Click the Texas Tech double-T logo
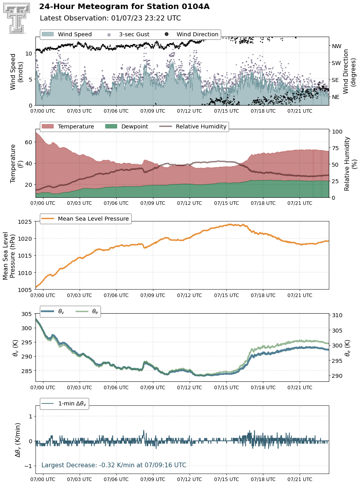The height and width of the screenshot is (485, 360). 17,18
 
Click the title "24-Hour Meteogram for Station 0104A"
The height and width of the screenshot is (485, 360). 124,7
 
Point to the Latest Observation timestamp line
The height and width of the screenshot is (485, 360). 110,18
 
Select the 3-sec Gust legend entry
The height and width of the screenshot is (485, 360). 129,34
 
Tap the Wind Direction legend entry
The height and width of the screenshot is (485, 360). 192,34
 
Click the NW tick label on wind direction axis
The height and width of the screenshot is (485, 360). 336,46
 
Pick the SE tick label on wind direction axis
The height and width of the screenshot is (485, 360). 335,80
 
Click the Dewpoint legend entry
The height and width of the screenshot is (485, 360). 127,126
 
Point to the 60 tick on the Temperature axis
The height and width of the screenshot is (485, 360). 28,142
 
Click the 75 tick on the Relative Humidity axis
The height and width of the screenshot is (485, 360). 336,148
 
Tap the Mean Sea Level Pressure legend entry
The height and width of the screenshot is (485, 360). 85,219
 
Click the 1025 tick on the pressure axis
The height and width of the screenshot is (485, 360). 24,222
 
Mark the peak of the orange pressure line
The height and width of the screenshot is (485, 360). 229,224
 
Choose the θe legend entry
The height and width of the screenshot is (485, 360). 87,311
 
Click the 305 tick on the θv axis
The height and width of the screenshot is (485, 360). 26,314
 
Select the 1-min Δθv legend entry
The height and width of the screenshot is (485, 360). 64,403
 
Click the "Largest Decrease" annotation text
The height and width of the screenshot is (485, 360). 114,465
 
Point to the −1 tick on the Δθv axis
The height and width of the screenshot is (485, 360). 28,466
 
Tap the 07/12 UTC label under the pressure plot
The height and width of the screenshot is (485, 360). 189,295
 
